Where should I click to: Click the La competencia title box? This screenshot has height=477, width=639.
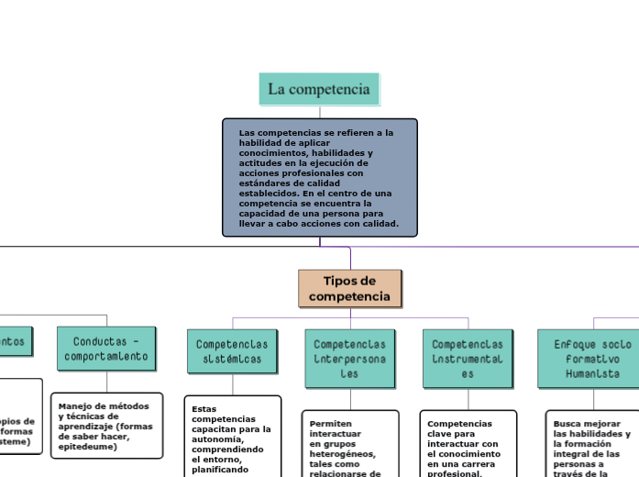[x=319, y=89]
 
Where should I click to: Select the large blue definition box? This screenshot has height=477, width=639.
[x=319, y=177]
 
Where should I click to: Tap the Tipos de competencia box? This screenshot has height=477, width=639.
[x=349, y=288]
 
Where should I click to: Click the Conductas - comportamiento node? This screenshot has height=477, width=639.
[x=106, y=348]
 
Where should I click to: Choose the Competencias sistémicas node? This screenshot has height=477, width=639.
[x=232, y=351]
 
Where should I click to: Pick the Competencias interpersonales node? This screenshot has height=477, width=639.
[x=349, y=358]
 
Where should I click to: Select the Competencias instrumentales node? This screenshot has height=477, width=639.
[x=468, y=358]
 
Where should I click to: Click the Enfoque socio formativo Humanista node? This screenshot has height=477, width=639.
[x=586, y=358]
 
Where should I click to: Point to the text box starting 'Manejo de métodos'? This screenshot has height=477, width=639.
[x=107, y=431]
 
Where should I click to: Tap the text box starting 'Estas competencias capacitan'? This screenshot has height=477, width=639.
[x=233, y=438]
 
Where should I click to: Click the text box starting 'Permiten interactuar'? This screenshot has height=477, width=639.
[x=350, y=445]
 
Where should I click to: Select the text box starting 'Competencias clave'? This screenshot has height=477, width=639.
[x=468, y=445]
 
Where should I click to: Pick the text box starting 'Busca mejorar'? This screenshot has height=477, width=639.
[x=591, y=445]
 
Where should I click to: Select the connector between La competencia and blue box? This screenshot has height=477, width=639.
[x=320, y=111]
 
